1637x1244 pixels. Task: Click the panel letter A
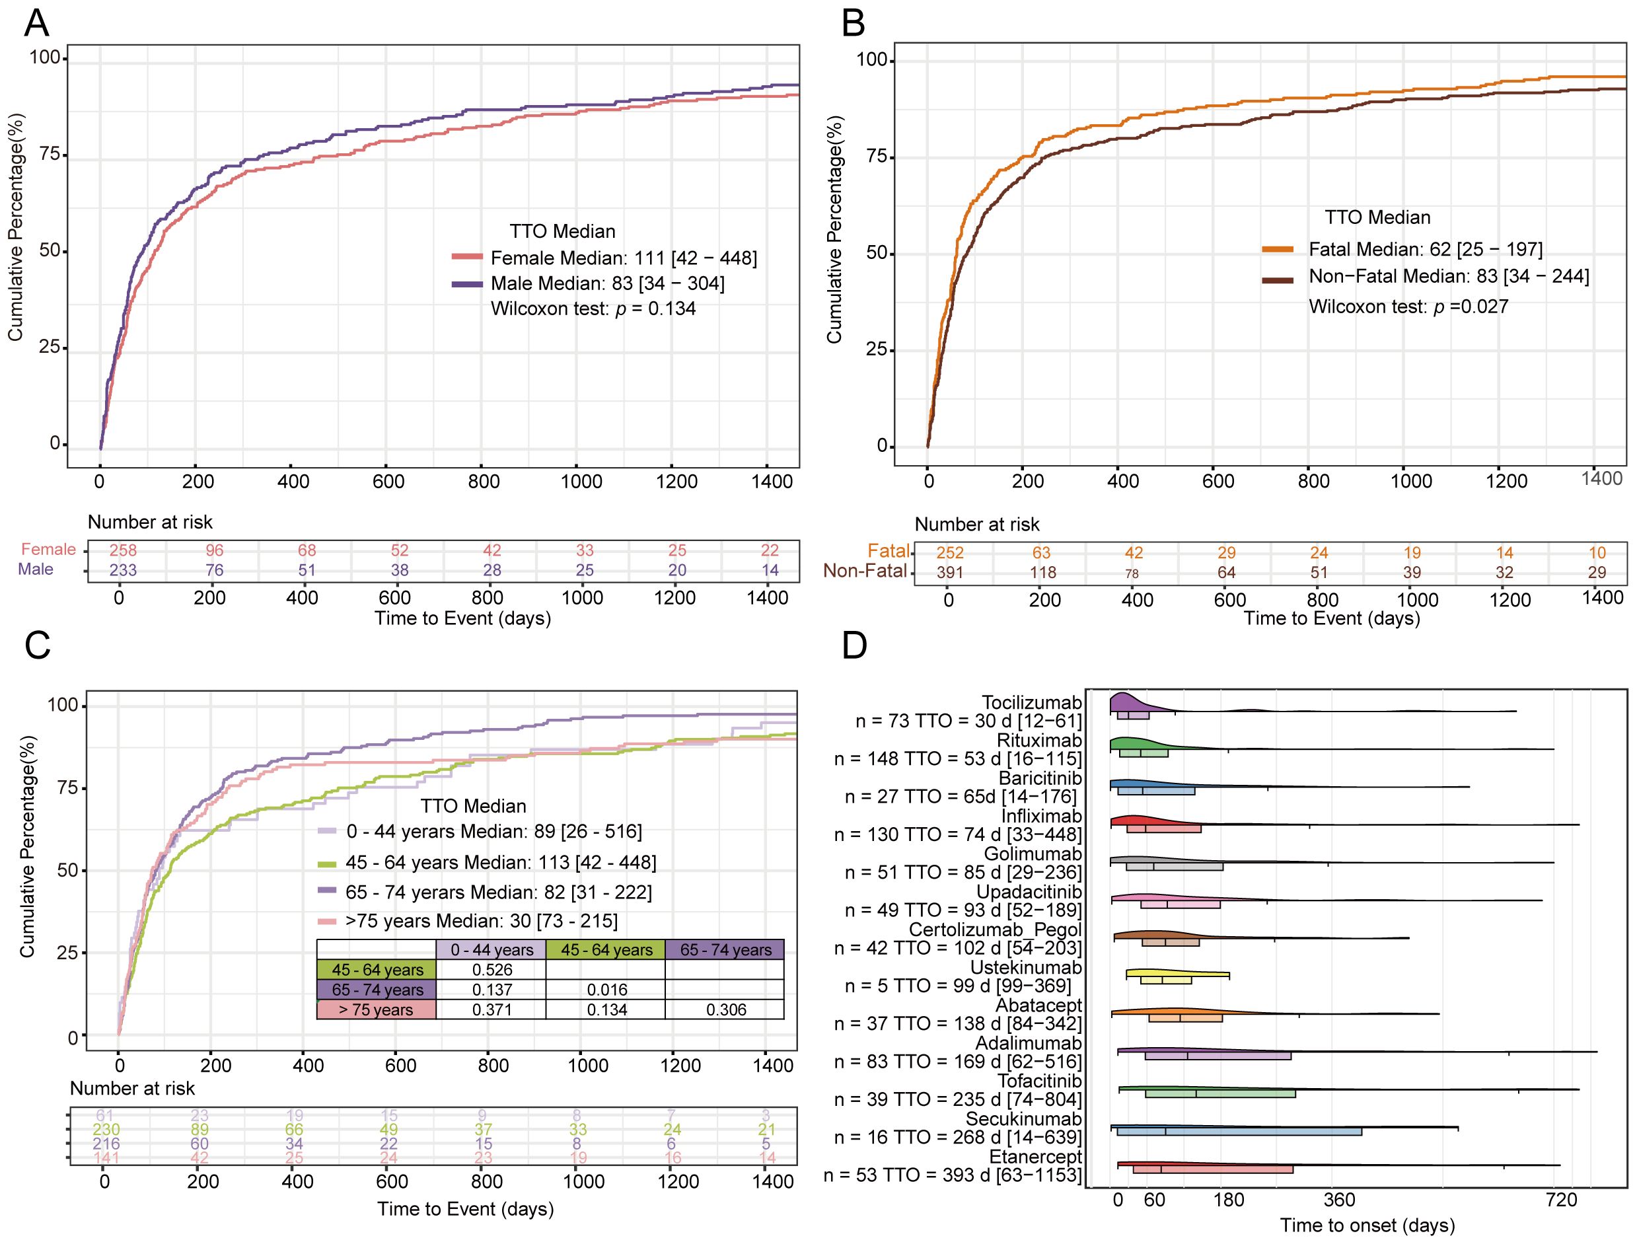tap(36, 24)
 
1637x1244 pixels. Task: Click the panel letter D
tap(854, 646)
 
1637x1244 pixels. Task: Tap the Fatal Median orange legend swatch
tap(1277, 250)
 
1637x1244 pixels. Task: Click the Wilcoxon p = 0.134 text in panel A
tap(593, 309)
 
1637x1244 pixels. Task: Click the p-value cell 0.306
tap(725, 1010)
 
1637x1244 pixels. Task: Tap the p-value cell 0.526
tap(491, 970)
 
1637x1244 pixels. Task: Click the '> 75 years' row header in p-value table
tap(376, 1010)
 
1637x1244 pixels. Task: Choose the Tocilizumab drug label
tap(1031, 702)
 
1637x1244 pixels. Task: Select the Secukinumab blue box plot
tap(1239, 1132)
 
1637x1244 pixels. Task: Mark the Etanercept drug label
tap(1035, 1157)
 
